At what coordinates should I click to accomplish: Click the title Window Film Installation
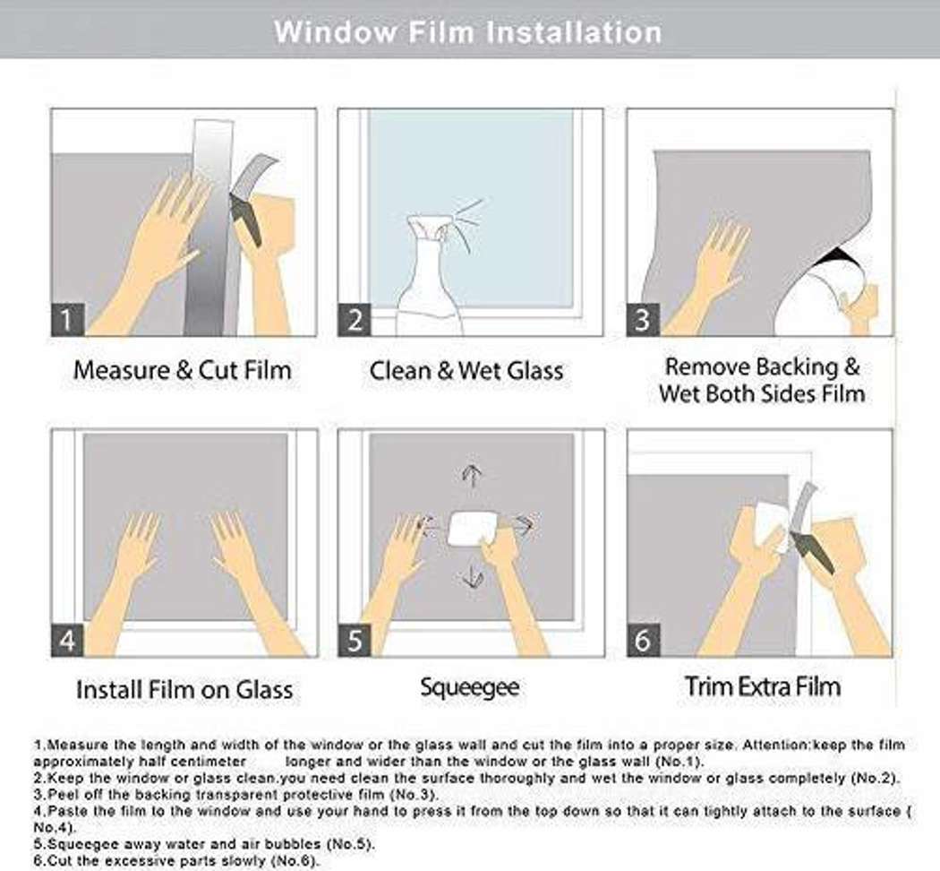(x=468, y=31)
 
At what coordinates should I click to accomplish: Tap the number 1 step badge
(x=68, y=319)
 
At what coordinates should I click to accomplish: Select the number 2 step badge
(x=355, y=319)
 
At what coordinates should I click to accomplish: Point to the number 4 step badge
(x=68, y=640)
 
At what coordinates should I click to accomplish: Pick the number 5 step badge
(x=355, y=640)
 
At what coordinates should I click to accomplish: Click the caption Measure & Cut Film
(x=183, y=369)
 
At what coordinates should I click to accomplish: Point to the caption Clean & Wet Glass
(x=466, y=369)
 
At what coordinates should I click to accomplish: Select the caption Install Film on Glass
(x=184, y=689)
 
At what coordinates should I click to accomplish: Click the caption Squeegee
(x=469, y=687)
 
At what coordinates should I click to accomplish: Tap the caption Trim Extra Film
(x=763, y=686)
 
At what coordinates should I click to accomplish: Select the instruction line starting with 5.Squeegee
(x=204, y=844)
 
